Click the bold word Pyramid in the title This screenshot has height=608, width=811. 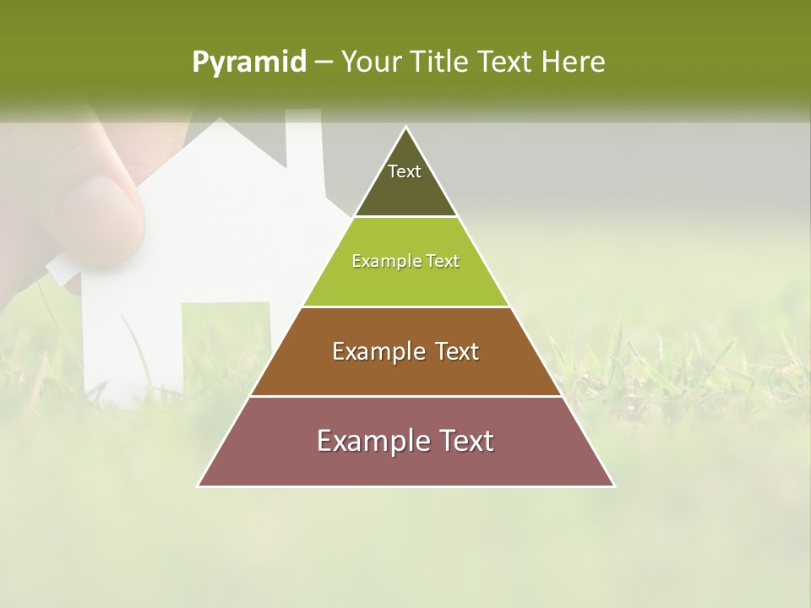[248, 62]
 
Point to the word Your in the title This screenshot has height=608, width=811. [370, 62]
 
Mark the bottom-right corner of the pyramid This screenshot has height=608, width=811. [613, 486]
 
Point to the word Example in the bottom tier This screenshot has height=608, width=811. [368, 441]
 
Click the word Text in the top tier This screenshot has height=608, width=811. [405, 171]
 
